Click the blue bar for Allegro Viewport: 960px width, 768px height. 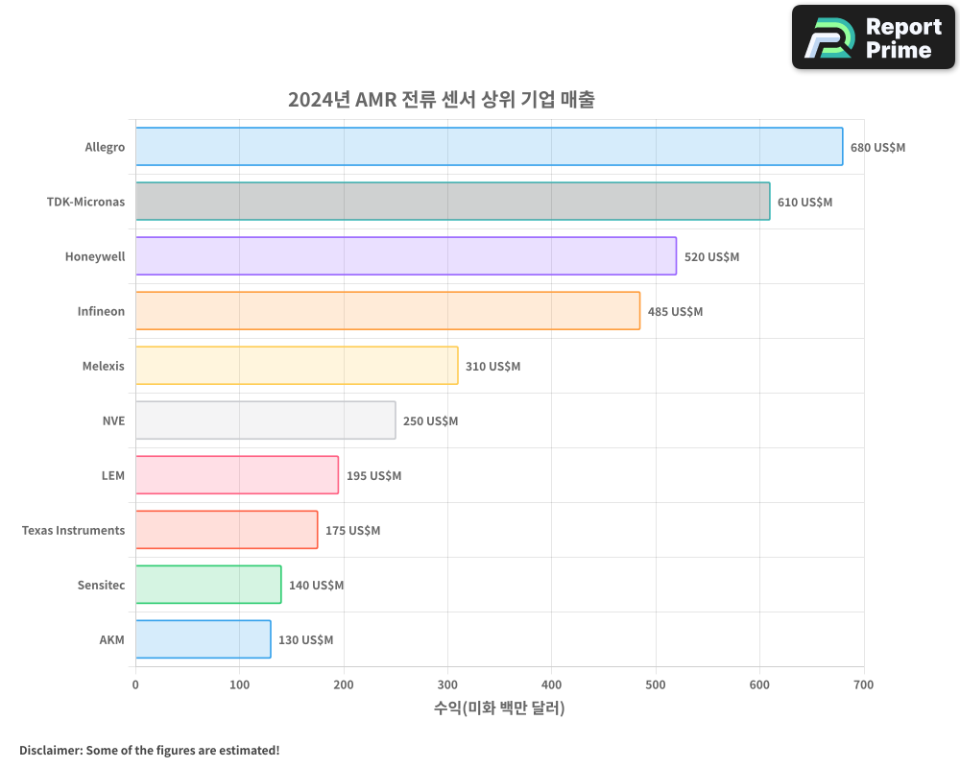489,147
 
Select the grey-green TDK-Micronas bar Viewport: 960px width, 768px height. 452,202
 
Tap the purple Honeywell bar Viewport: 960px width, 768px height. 405,256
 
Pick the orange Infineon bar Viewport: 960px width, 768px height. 387,311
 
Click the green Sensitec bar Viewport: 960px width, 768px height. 208,585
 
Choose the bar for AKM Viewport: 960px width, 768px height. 203,639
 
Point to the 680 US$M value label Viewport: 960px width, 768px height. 877,148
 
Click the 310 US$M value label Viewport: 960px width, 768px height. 492,367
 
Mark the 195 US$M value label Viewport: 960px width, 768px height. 373,476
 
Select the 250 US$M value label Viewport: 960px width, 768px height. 430,421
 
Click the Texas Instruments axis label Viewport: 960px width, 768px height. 73,531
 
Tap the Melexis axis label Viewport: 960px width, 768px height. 103,367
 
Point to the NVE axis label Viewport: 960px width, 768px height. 113,421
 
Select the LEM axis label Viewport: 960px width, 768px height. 112,476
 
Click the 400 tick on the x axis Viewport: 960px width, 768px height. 551,684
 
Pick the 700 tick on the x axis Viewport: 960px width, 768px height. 863,684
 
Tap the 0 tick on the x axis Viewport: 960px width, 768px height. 135,684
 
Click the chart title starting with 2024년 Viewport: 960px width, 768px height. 441,100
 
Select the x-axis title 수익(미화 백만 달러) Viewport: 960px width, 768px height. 499,708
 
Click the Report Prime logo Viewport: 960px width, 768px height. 873,37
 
